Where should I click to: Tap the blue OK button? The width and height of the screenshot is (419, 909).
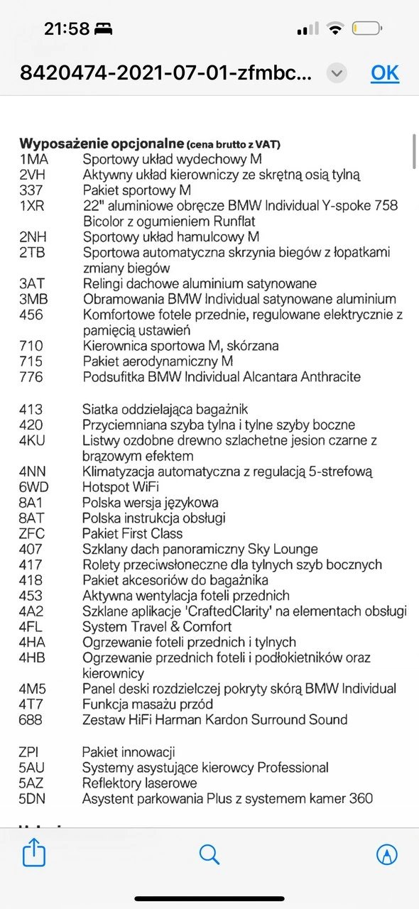point(385,73)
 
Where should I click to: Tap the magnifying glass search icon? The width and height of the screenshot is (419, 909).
point(209,854)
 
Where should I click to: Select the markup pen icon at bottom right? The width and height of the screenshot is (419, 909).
point(386,854)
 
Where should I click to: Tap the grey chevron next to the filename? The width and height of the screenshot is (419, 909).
point(337,73)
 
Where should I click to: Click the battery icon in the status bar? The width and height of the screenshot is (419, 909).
point(367,29)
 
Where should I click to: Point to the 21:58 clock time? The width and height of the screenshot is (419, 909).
point(67,29)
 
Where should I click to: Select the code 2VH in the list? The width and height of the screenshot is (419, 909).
point(32,175)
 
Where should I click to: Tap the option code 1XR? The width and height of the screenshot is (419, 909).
point(32,206)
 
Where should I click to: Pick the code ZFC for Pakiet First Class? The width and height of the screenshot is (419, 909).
point(32,534)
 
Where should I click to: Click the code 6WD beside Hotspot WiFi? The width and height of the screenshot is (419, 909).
point(33,487)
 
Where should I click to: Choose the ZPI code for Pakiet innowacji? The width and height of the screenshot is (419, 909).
point(30,753)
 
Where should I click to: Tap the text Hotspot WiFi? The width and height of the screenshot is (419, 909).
point(121,487)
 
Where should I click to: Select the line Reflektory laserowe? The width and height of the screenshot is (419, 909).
point(140,783)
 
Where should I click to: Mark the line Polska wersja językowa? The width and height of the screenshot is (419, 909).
point(151,503)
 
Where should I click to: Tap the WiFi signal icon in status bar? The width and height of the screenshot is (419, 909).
point(334,29)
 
